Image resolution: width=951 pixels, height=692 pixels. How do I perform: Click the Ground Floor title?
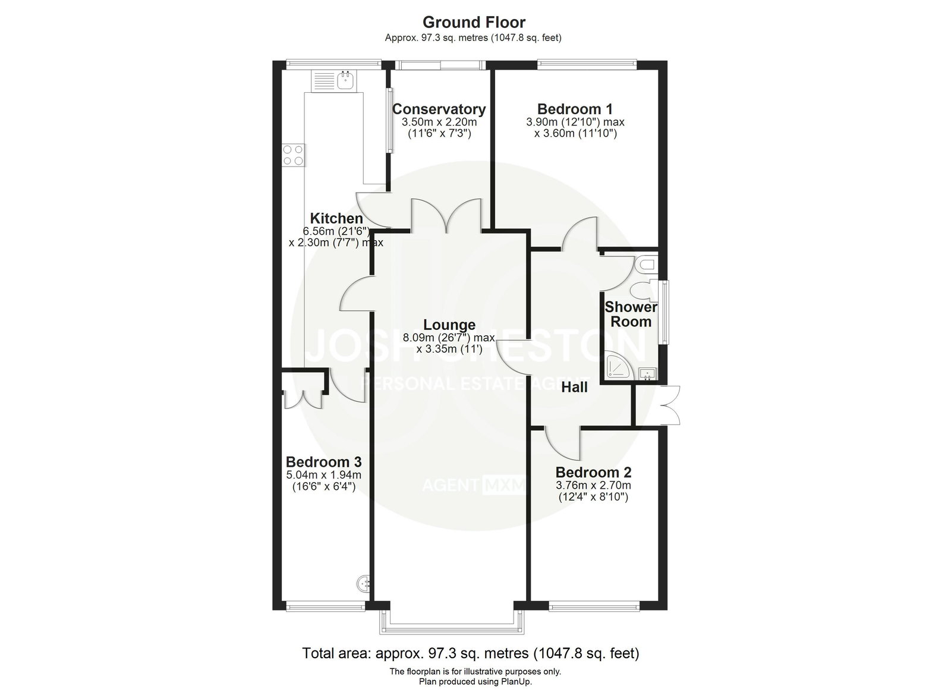(x=474, y=22)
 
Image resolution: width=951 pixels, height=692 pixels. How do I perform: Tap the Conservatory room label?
(x=439, y=109)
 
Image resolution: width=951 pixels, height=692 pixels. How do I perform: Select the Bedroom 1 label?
(x=575, y=109)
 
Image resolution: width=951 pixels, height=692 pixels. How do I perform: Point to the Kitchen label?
(x=336, y=219)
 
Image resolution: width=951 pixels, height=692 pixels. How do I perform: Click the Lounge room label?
(x=449, y=325)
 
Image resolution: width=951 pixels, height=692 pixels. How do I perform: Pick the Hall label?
(x=574, y=387)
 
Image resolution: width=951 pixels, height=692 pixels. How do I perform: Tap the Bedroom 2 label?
(x=593, y=472)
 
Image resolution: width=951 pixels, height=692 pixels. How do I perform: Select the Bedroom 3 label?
(x=323, y=461)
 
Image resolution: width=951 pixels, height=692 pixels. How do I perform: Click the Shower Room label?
(x=631, y=314)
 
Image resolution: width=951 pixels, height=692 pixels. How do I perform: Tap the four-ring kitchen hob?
(x=294, y=155)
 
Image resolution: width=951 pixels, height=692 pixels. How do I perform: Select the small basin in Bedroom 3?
(x=363, y=583)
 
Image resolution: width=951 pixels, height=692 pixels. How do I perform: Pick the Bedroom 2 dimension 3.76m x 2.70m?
(x=593, y=485)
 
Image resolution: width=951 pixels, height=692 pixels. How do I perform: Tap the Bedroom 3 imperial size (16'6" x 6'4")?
(x=323, y=486)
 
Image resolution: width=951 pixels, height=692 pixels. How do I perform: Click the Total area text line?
(x=470, y=653)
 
